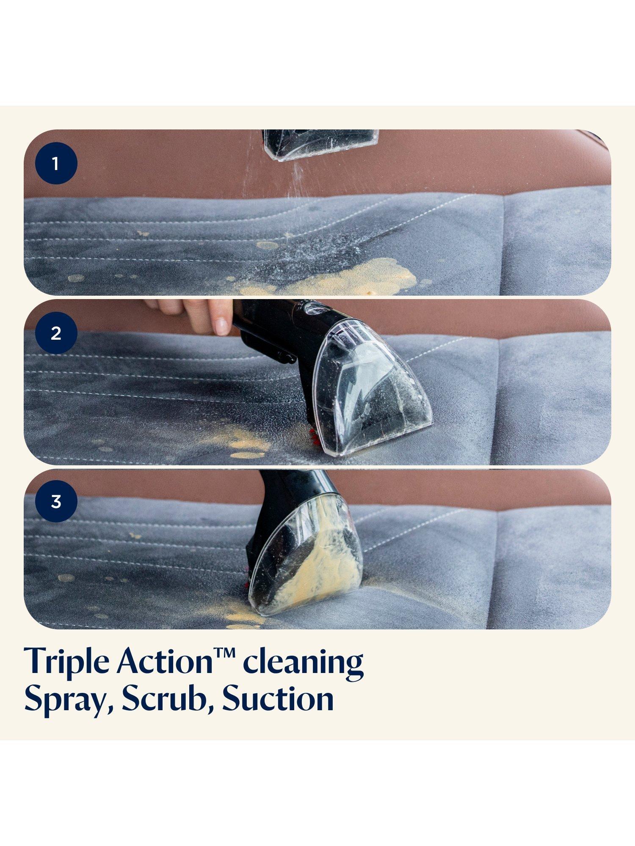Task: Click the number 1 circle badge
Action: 56,163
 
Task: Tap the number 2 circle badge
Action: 56,333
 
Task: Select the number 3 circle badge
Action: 56,502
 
